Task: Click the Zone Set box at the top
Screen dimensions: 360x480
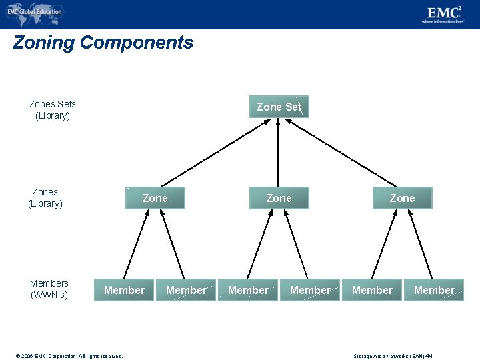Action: (x=279, y=107)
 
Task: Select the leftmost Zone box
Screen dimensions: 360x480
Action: (x=155, y=198)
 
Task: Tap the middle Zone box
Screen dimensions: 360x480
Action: (x=279, y=198)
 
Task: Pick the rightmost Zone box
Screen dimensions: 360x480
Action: (x=402, y=198)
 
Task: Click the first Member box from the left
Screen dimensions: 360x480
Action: (x=124, y=290)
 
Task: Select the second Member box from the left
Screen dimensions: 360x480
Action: (x=186, y=290)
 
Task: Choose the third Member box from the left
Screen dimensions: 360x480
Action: (x=248, y=290)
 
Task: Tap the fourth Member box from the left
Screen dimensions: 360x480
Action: (x=310, y=290)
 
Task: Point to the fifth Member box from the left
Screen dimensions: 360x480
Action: (x=372, y=290)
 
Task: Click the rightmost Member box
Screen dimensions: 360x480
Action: (x=434, y=290)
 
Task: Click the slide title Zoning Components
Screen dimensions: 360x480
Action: (x=103, y=43)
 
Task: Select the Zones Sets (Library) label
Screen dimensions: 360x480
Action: (x=53, y=109)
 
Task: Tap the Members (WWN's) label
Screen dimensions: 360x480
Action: (x=49, y=289)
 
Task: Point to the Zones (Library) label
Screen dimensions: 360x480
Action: (x=45, y=197)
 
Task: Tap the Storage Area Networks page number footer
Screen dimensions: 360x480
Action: (x=393, y=356)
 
